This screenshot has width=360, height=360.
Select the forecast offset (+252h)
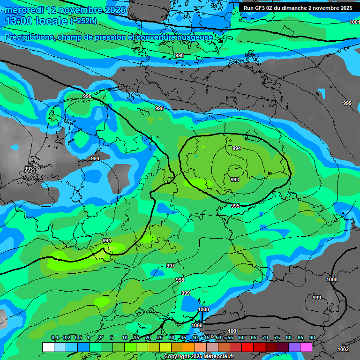[x=83, y=21]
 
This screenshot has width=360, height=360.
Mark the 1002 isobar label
[x=343, y=349]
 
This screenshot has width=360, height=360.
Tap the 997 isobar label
[x=171, y=266]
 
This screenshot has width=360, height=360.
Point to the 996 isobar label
[x=159, y=108]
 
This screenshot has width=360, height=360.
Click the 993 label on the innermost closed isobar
[x=235, y=180]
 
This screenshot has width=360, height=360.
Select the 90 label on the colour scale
[x=312, y=337]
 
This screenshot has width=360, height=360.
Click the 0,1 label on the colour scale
[x=54, y=337]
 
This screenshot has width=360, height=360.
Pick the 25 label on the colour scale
[x=159, y=337]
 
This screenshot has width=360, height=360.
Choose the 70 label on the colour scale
[x=265, y=337]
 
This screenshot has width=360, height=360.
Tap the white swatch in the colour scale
[x=48, y=347]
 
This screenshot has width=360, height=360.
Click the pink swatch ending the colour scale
[x=306, y=347]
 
